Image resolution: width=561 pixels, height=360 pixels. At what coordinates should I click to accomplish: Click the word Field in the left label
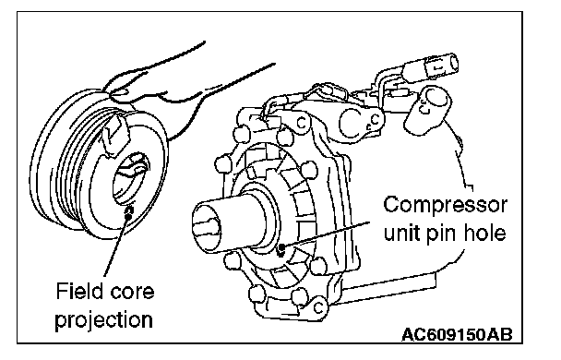click(78, 291)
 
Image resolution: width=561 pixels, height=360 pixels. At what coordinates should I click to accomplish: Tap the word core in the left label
click(131, 293)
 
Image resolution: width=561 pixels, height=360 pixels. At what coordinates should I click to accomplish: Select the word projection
click(103, 320)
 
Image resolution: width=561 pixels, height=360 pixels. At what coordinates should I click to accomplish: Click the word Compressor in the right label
click(445, 206)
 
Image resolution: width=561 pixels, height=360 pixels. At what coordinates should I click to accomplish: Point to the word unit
click(402, 234)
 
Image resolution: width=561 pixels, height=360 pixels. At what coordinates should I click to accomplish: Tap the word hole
click(485, 233)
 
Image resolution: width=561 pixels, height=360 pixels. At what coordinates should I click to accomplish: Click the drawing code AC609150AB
click(457, 335)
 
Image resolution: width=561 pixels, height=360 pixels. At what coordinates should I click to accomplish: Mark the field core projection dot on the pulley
click(128, 215)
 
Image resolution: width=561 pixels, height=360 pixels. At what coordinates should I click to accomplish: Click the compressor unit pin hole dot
click(281, 246)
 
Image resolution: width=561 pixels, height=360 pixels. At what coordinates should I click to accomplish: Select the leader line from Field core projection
click(116, 246)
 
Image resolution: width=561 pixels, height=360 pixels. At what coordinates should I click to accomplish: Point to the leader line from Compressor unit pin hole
click(327, 234)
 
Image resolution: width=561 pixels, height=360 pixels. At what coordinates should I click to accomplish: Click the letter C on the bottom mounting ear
click(318, 307)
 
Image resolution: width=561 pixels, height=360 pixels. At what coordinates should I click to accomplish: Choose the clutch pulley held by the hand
click(99, 165)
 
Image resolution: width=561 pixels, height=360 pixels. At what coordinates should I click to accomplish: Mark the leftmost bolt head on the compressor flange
click(221, 165)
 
